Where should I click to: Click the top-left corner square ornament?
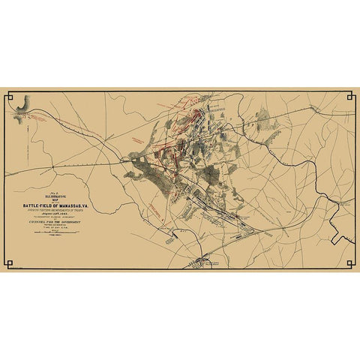(x=10, y=96)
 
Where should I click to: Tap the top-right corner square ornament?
(x=350, y=96)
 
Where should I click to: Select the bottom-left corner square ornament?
(x=10, y=263)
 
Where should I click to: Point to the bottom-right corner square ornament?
(x=350, y=263)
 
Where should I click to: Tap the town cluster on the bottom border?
(x=201, y=262)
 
